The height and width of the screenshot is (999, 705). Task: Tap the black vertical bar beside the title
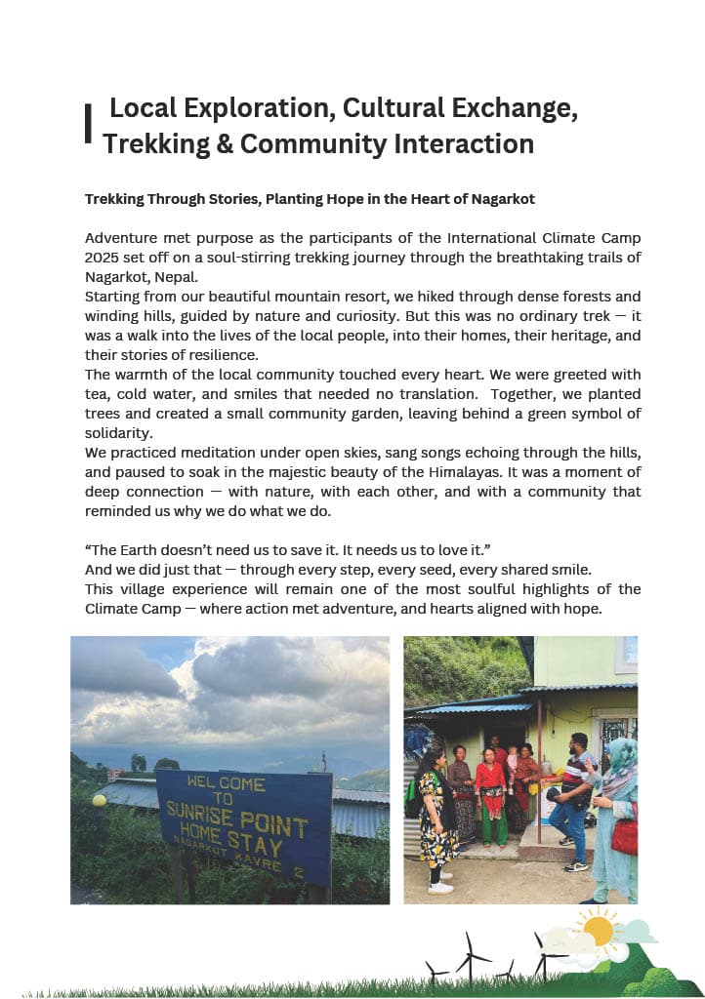(x=89, y=125)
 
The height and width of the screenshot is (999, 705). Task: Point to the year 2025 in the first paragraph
(x=105, y=258)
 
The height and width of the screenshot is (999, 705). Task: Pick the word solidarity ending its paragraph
(x=118, y=432)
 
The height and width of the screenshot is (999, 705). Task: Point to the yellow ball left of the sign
(x=99, y=800)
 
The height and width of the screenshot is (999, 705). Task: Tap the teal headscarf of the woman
(x=621, y=753)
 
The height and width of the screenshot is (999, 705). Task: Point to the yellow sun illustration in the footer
(x=597, y=932)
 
